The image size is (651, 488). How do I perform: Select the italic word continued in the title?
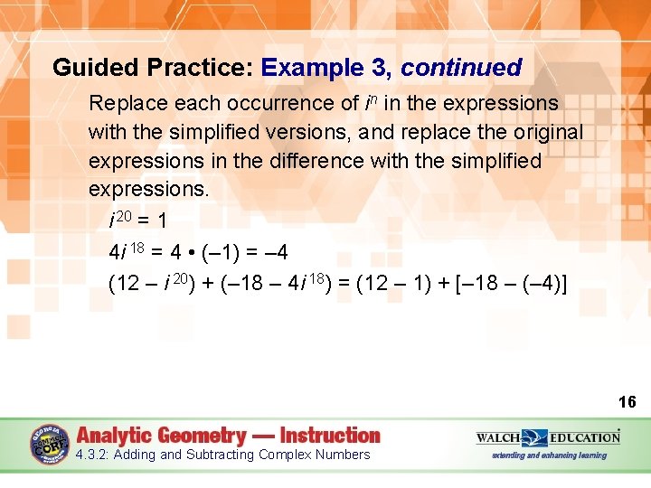click(461, 68)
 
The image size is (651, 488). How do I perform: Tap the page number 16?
click(627, 401)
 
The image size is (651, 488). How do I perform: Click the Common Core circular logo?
click(50, 445)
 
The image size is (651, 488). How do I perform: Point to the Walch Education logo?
click(549, 437)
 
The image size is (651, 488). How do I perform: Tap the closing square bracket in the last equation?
click(564, 284)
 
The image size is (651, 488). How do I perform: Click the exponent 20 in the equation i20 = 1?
click(127, 216)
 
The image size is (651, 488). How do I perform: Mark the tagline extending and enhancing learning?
click(549, 455)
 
